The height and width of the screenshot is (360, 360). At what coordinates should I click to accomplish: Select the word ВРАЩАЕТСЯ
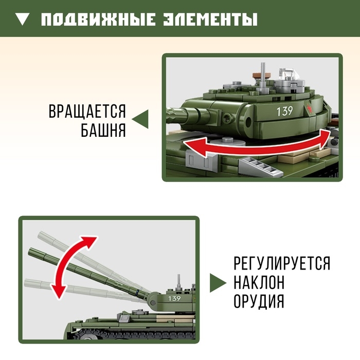(x=87, y=111)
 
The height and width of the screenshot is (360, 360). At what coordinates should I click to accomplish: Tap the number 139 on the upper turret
(x=284, y=111)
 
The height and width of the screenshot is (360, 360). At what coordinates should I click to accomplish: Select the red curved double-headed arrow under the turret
(x=257, y=147)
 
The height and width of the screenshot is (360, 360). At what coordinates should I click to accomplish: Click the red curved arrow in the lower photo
(x=72, y=267)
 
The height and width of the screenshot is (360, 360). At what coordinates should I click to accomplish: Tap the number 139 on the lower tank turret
(x=174, y=298)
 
